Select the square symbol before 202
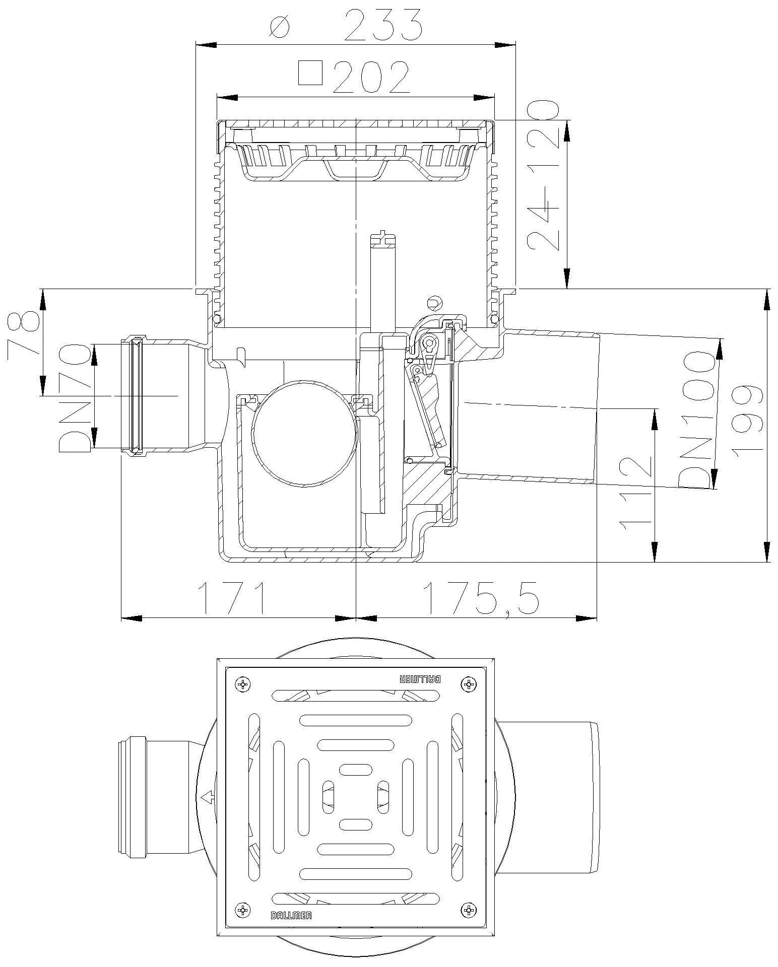click(x=310, y=73)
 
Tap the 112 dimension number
click(x=635, y=492)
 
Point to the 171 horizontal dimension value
click(x=232, y=598)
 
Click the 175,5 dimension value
click(x=481, y=598)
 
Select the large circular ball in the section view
click(x=305, y=433)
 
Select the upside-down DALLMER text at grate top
click(x=420, y=679)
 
